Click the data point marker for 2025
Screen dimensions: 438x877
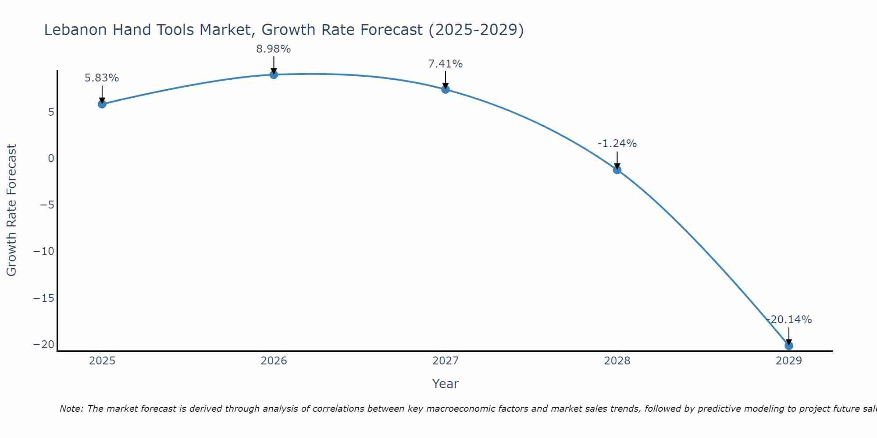(x=102, y=104)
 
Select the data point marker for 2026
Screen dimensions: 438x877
(x=274, y=74)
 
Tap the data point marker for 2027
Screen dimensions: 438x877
(x=446, y=89)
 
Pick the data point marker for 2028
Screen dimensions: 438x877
(x=617, y=170)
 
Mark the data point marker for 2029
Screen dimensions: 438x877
(x=789, y=346)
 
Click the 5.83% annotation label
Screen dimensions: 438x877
(x=102, y=78)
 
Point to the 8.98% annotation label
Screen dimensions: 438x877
(x=274, y=49)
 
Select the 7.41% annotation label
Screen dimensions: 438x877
(x=446, y=64)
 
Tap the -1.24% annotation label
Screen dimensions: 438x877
(x=617, y=144)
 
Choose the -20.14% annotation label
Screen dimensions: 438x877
(x=789, y=320)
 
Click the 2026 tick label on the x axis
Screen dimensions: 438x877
(x=274, y=361)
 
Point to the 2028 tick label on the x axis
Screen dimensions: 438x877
(x=617, y=361)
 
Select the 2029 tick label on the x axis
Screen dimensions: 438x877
(x=789, y=361)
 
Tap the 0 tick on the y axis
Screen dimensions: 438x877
(x=51, y=158)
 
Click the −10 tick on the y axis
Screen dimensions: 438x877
(x=44, y=251)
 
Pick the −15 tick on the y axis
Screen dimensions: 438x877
(x=44, y=298)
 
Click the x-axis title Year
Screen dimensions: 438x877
(x=446, y=384)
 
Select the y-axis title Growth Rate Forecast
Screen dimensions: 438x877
(x=11, y=210)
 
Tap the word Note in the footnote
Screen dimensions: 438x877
(x=71, y=409)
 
